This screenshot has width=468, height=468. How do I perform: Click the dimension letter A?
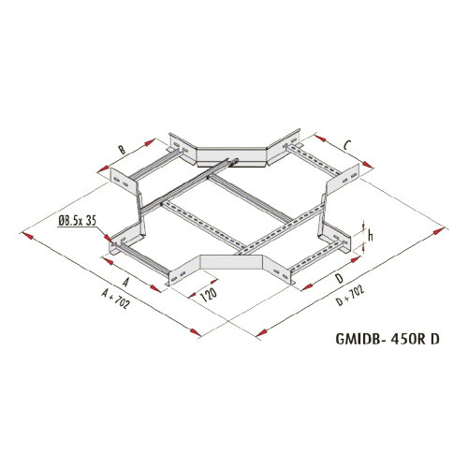click(x=125, y=282)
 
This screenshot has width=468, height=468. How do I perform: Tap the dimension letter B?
click(x=123, y=150)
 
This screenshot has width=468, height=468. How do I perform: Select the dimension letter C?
click(x=347, y=145)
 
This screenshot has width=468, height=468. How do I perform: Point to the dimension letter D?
click(x=340, y=278)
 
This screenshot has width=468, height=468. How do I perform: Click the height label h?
click(x=371, y=235)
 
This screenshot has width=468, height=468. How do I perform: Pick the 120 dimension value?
click(x=209, y=294)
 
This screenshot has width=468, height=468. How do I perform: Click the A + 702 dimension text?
click(x=115, y=299)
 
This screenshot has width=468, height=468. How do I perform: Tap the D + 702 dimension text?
click(x=350, y=296)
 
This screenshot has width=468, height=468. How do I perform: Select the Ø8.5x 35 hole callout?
click(x=77, y=221)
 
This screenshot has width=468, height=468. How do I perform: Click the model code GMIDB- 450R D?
click(x=388, y=339)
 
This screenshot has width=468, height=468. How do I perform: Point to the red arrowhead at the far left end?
click(x=26, y=235)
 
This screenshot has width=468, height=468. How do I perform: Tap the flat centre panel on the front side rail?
click(x=231, y=262)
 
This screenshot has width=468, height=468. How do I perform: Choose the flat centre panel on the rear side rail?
click(x=231, y=155)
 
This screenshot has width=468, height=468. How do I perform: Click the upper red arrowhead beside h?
click(x=363, y=226)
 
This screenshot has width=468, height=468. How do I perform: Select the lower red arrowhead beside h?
click(x=363, y=246)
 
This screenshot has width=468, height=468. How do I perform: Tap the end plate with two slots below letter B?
click(x=123, y=182)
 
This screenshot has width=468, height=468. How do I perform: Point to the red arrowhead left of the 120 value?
click(x=192, y=295)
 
